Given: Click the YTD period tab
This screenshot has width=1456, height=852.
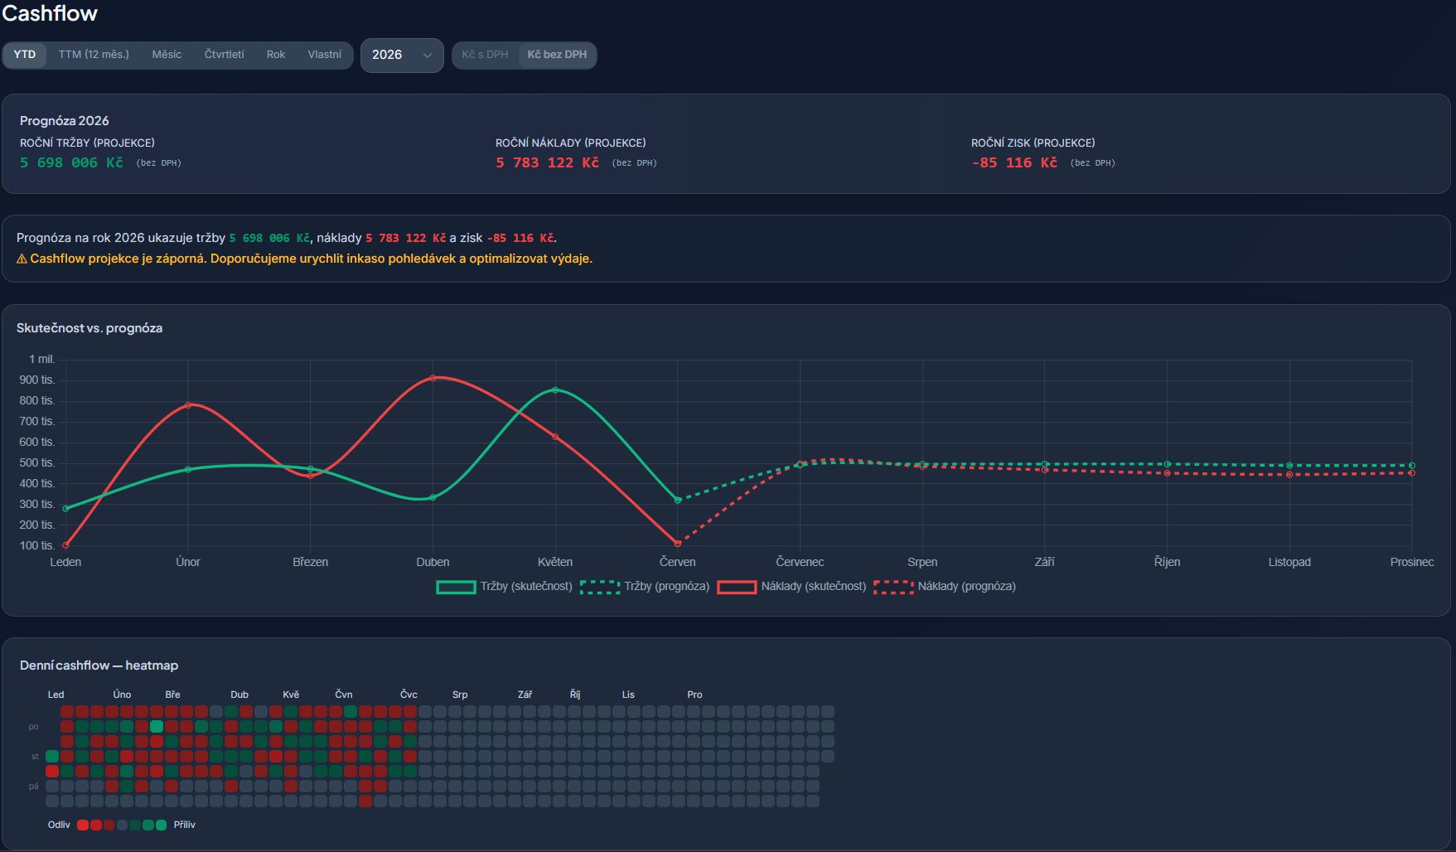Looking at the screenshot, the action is click(25, 55).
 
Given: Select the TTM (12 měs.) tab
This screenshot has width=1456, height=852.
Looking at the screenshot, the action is click(94, 55).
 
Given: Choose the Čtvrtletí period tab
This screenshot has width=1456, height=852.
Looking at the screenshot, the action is click(224, 55).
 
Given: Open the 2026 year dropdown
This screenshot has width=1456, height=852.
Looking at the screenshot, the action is click(402, 56).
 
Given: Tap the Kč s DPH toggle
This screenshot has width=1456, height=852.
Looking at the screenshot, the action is click(485, 55).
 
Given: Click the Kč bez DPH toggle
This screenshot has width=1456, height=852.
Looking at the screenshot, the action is click(557, 55).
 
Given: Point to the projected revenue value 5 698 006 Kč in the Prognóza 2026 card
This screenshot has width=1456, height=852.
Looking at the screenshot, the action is click(71, 162).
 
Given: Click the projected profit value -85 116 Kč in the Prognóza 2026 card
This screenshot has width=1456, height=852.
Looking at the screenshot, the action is click(1014, 162).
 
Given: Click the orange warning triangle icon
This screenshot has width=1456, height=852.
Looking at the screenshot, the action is click(22, 259).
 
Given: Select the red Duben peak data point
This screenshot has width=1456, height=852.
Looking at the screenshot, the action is click(433, 378).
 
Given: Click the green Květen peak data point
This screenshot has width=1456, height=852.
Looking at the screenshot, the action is click(555, 390).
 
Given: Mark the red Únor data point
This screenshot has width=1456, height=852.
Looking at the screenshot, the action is click(188, 405).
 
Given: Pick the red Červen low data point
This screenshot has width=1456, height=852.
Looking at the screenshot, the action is click(678, 544).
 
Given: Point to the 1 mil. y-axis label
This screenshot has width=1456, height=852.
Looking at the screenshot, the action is click(41, 359).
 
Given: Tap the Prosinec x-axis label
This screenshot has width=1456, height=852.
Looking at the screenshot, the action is click(1411, 562).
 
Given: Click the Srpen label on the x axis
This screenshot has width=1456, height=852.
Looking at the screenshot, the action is click(922, 562).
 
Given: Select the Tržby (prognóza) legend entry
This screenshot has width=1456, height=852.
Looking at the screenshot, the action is click(645, 587).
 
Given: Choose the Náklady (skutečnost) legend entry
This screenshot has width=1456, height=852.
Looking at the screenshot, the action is click(791, 587).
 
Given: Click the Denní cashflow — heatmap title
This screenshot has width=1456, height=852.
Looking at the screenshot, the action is click(99, 666).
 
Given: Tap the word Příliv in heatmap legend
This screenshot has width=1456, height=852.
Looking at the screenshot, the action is click(185, 825).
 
